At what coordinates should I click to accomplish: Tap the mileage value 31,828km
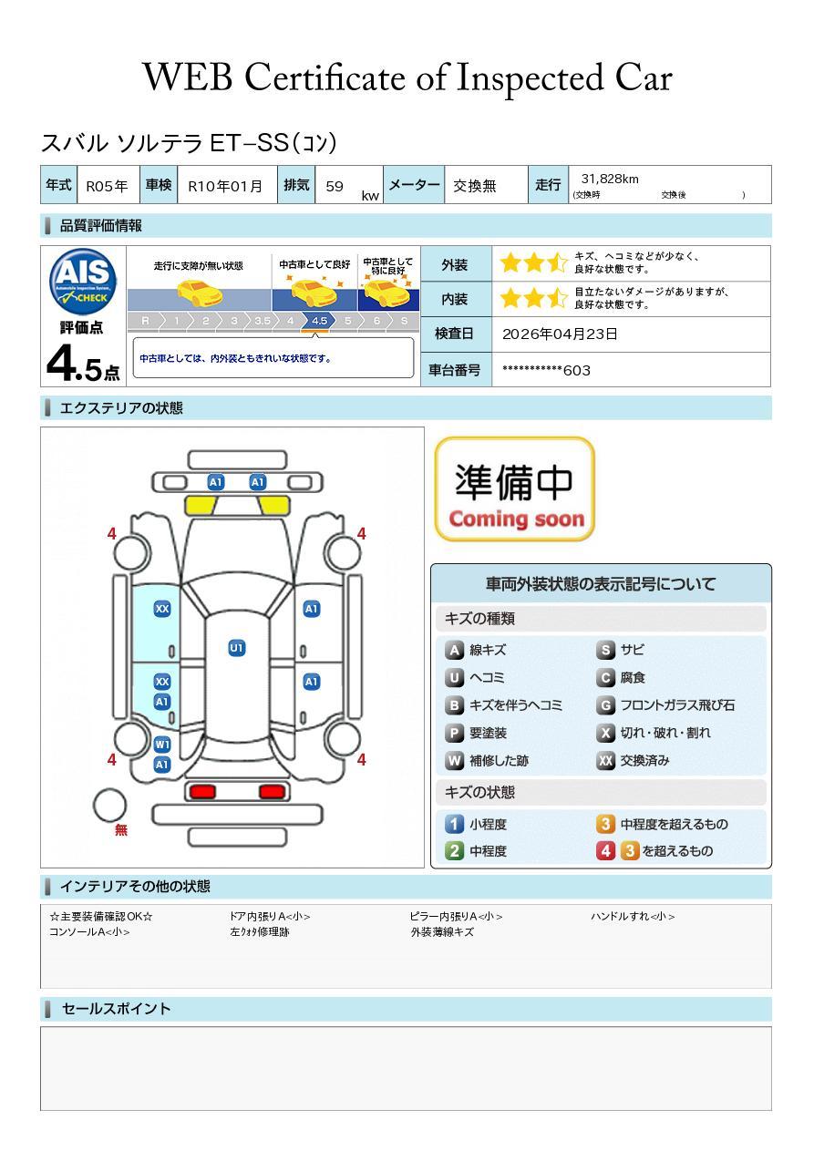[x=610, y=179]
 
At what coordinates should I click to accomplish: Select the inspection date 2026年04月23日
[x=560, y=334]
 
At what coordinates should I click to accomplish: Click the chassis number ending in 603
[x=546, y=370]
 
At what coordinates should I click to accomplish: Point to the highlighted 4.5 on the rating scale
[x=319, y=321]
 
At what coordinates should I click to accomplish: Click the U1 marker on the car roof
[x=236, y=648]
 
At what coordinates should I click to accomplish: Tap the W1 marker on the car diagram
[x=162, y=744]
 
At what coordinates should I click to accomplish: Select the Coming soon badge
[x=514, y=488]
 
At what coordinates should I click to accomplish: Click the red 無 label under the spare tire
[x=121, y=829]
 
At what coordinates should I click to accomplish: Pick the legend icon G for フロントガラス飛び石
[x=605, y=705]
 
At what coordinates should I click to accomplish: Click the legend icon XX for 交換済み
[x=605, y=761]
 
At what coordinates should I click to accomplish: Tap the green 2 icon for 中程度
[x=454, y=851]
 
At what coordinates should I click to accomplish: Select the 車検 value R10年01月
[x=225, y=186]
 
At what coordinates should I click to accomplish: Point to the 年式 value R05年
[x=107, y=186]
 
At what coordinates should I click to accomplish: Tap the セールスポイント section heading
[x=117, y=1009]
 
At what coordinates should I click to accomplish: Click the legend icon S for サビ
[x=605, y=650]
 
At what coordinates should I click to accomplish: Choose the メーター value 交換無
[x=475, y=186]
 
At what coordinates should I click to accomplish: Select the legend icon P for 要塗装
[x=454, y=734]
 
